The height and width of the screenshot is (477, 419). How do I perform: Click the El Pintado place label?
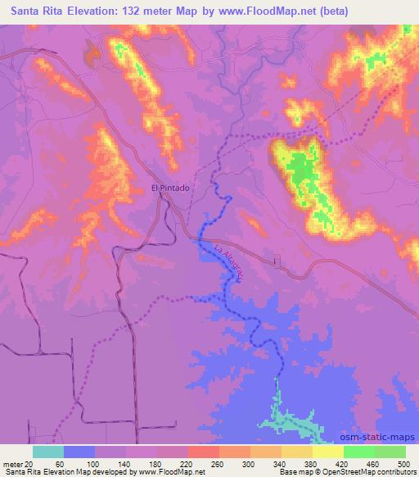click(171, 188)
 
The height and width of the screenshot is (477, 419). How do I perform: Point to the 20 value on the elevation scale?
click(29, 464)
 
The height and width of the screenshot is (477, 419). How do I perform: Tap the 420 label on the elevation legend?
click(340, 464)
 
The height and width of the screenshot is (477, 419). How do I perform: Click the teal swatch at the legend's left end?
click(48, 452)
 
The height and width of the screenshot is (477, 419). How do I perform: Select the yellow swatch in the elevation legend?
click(328, 452)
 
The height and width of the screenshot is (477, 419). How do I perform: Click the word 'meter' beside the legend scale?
click(11, 464)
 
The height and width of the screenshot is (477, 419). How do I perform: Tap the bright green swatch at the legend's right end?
click(390, 452)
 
